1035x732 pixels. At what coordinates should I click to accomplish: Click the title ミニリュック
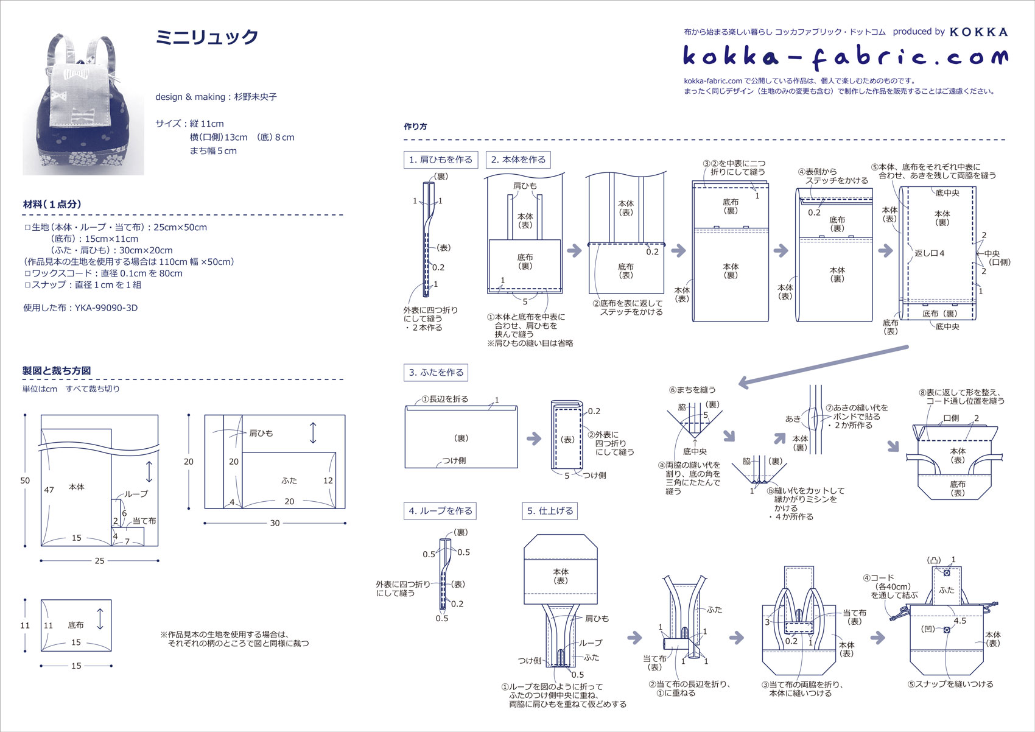pyautogui.click(x=207, y=38)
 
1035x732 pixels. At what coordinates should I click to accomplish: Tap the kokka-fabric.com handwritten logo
pyautogui.click(x=845, y=57)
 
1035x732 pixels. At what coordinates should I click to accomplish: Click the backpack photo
pyautogui.click(x=83, y=105)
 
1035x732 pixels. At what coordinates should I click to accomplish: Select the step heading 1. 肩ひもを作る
pyautogui.click(x=440, y=160)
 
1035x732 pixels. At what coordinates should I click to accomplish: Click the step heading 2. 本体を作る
pyautogui.click(x=518, y=160)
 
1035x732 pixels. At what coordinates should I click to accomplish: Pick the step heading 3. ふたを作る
pyautogui.click(x=436, y=372)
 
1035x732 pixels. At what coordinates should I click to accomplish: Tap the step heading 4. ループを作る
pyautogui.click(x=440, y=511)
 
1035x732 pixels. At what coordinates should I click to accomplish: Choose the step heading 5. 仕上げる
pyautogui.click(x=550, y=511)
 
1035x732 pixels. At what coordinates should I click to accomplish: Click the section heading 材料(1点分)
pyautogui.click(x=52, y=205)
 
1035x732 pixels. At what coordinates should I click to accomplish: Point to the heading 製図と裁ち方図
pyautogui.click(x=57, y=370)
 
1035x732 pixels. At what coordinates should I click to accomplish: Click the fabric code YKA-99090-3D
pyautogui.click(x=106, y=308)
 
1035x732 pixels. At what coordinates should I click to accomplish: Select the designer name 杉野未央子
pyautogui.click(x=256, y=97)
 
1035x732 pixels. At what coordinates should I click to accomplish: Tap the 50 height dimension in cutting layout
pyautogui.click(x=25, y=480)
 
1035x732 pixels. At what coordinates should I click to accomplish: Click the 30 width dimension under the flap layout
pyautogui.click(x=275, y=523)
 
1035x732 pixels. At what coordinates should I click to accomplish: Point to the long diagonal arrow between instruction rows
pyautogui.click(x=822, y=365)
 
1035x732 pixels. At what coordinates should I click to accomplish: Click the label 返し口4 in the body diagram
pyautogui.click(x=929, y=253)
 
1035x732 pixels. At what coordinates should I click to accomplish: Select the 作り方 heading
pyautogui.click(x=415, y=127)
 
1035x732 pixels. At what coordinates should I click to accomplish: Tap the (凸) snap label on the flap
pyautogui.click(x=933, y=560)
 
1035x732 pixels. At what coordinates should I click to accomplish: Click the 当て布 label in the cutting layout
pyautogui.click(x=144, y=521)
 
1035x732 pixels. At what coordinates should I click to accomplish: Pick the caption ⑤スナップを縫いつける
pyautogui.click(x=950, y=684)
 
